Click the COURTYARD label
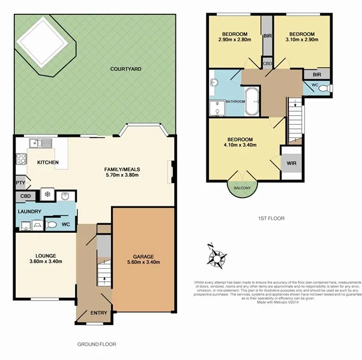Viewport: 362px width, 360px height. tap(125, 70)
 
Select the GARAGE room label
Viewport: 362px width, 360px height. tap(143, 255)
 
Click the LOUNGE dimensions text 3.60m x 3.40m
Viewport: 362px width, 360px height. tap(46, 261)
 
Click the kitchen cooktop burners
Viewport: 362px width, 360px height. tap(20, 160)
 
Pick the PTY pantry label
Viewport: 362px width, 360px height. tap(20, 183)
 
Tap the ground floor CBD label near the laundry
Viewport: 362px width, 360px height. tap(25, 196)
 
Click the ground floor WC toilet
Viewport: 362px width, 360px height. tap(52, 224)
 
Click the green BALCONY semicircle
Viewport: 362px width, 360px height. tap(242, 187)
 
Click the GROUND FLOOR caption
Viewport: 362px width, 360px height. tap(97, 344)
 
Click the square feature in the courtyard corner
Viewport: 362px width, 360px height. tap(42, 42)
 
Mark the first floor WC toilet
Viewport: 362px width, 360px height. tap(325, 88)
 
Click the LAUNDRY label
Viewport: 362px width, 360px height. tap(29, 211)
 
